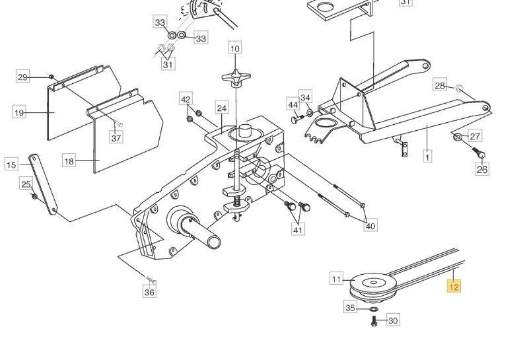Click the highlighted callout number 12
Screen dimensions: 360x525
coord(454,286)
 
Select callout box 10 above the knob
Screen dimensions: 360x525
coord(235,48)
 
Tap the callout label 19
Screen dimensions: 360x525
coord(19,112)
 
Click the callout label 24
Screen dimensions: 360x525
coord(221,108)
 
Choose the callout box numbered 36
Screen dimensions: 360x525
coord(150,292)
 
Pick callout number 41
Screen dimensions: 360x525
coord(298,229)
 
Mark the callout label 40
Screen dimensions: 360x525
coord(370,226)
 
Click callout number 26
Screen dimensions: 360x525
coord(482,169)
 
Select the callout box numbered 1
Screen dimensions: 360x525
coord(427,157)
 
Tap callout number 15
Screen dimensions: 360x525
coord(11,164)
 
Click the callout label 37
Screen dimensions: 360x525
coord(116,137)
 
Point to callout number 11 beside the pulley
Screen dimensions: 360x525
coord(337,279)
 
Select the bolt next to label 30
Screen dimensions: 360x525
coord(374,321)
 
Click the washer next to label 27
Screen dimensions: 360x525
coord(456,137)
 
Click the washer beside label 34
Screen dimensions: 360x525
coord(310,113)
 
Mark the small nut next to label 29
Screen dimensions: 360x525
coord(52,76)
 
